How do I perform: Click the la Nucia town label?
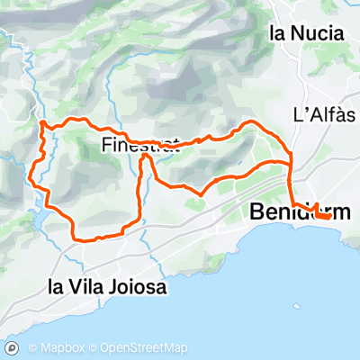(x=307, y=33)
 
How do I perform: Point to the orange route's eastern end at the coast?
(x=331, y=216)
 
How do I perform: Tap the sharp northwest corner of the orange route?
(x=42, y=121)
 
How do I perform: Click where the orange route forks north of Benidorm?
(x=291, y=163)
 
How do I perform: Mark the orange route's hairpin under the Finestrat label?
(x=144, y=159)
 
